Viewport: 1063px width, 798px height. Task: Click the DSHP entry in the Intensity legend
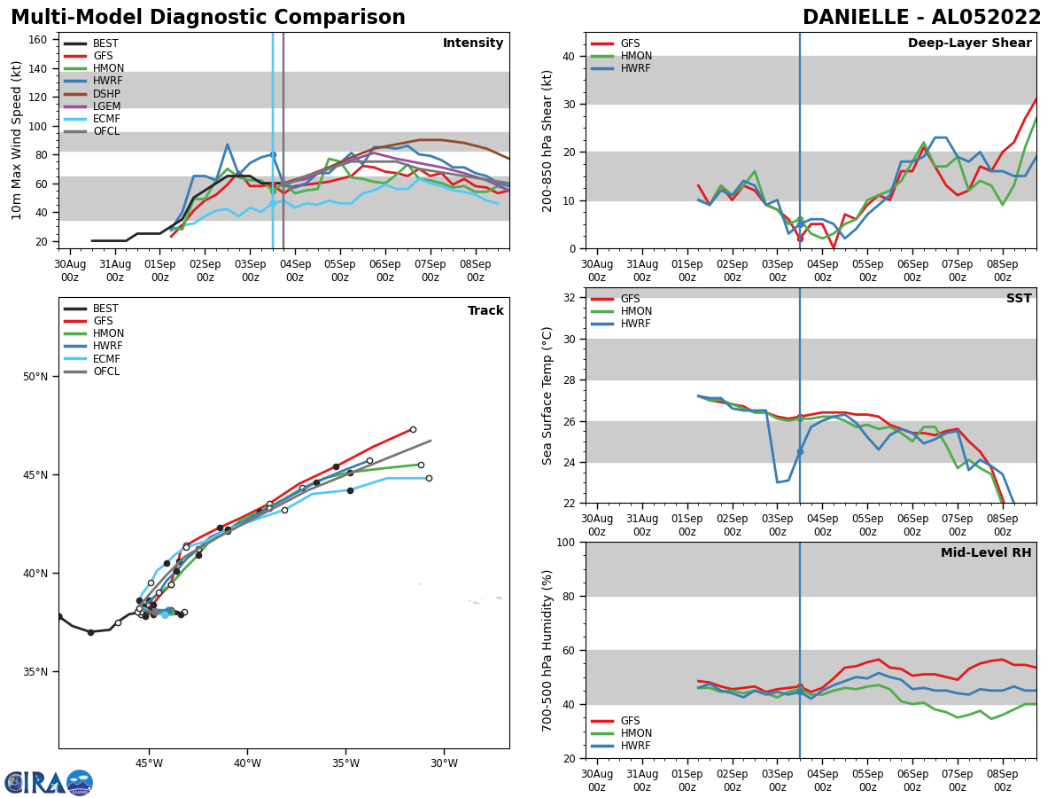pyautogui.click(x=105, y=94)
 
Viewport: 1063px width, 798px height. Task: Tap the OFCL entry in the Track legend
pyautogui.click(x=105, y=372)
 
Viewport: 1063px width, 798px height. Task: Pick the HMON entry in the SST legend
pyautogui.click(x=635, y=311)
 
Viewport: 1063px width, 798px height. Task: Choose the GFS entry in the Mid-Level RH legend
pyautogui.click(x=630, y=721)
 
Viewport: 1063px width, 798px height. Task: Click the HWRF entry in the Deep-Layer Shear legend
pyautogui.click(x=635, y=68)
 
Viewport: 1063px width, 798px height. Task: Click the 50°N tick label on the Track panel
pyautogui.click(x=36, y=377)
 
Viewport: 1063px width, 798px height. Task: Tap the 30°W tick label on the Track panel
pyautogui.click(x=444, y=763)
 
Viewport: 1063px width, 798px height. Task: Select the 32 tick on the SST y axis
pyautogui.click(x=570, y=298)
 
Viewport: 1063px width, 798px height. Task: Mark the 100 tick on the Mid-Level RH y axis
pyautogui.click(x=566, y=542)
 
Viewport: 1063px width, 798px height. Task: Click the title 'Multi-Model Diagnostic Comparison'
pyautogui.click(x=208, y=18)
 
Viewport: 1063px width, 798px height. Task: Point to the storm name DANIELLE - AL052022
pyautogui.click(x=921, y=18)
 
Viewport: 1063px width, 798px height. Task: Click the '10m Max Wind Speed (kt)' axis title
pyautogui.click(x=17, y=140)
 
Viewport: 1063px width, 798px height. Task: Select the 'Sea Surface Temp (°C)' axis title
pyautogui.click(x=547, y=395)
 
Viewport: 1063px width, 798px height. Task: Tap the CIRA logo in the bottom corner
pyautogui.click(x=49, y=783)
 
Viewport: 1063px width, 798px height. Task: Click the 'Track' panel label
pyautogui.click(x=485, y=311)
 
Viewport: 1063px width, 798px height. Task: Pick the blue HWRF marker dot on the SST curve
pyautogui.click(x=800, y=451)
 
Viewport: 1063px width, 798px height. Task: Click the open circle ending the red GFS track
pyautogui.click(x=413, y=429)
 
